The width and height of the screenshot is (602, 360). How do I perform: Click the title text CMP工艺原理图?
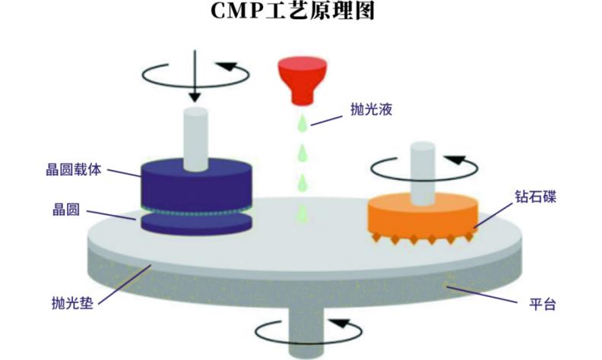293,11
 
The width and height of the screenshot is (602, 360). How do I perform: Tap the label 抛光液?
371,110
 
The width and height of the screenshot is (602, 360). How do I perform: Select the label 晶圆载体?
73,169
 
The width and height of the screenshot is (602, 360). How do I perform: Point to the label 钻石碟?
536,197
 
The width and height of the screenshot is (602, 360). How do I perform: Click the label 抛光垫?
72,303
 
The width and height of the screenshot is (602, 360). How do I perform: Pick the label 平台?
543,305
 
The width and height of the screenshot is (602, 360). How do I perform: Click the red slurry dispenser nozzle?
303,81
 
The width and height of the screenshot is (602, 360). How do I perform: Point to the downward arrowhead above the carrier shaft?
195,97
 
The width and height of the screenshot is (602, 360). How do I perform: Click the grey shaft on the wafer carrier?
196,139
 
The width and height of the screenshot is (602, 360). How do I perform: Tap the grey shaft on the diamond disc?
423,173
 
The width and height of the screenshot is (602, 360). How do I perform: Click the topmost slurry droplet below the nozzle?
303,123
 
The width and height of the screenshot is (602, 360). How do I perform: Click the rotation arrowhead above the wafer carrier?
229,67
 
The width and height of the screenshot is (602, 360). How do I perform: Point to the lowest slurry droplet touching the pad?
303,214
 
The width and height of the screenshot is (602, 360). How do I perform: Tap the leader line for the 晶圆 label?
111,215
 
